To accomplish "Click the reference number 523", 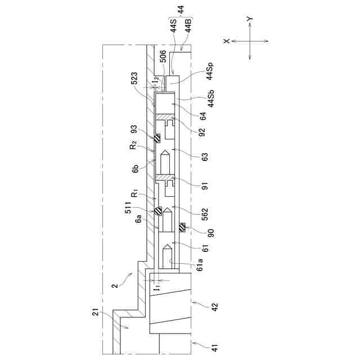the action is pyautogui.click(x=134, y=78).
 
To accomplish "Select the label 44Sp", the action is pyautogui.click(x=210, y=71).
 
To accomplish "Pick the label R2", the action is pyautogui.click(x=133, y=145).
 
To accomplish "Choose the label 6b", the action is pyautogui.click(x=136, y=169).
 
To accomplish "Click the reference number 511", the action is pyautogui.click(x=128, y=208).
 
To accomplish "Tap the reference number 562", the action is pyautogui.click(x=204, y=214).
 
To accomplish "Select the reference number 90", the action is pyautogui.click(x=210, y=233).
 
